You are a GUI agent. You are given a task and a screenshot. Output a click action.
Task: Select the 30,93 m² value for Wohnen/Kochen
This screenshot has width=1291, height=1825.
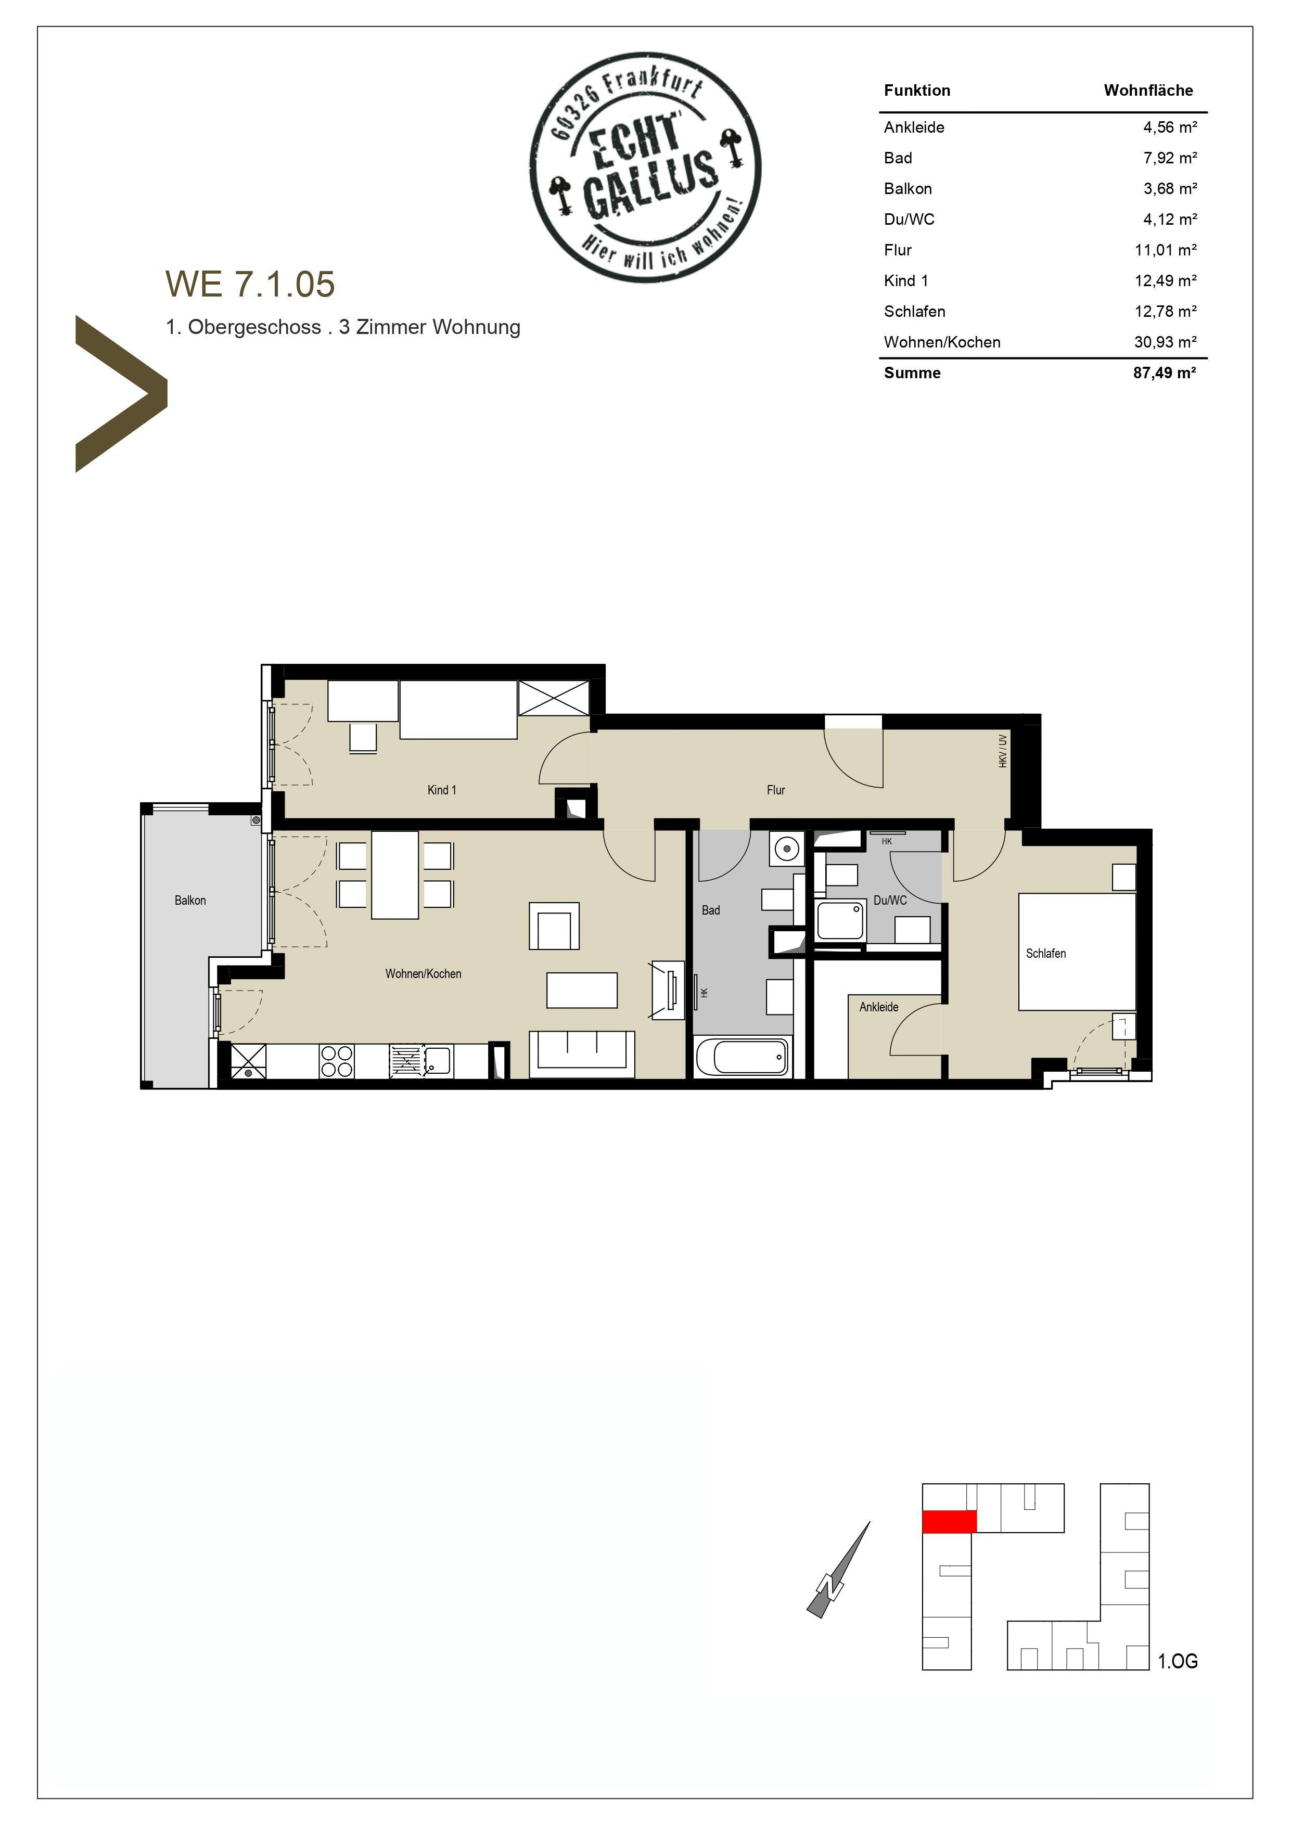coord(1165,342)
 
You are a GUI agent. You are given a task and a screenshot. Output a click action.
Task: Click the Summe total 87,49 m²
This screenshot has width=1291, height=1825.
coord(1164,373)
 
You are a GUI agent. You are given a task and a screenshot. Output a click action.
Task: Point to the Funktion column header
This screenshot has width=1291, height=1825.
coord(916,90)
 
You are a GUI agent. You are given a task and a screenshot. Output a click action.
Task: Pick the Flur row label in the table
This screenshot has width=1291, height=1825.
coord(898,250)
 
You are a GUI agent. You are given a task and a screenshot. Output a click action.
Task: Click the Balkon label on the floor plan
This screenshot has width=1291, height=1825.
coord(190,900)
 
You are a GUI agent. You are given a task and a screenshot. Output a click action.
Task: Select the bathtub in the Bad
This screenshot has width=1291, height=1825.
coord(741,1057)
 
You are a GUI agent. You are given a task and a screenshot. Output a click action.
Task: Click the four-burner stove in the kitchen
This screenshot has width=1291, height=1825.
coord(336,1061)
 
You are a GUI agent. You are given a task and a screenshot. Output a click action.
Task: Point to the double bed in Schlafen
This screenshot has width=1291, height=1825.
coord(1077,952)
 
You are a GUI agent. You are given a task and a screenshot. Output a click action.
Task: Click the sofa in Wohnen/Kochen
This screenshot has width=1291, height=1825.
coord(582,1052)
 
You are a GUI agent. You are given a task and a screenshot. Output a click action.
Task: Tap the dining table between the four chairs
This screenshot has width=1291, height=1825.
coord(395,875)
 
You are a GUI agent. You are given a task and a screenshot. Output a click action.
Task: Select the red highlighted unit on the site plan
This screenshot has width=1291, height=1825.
coord(949,1521)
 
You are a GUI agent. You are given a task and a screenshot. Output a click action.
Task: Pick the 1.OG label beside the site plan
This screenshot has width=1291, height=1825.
coord(1177,1661)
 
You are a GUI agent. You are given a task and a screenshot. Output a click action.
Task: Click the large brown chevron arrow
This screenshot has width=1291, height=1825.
coord(119,393)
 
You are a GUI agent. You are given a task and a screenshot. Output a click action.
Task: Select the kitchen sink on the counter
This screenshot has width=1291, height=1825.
coord(437,1060)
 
